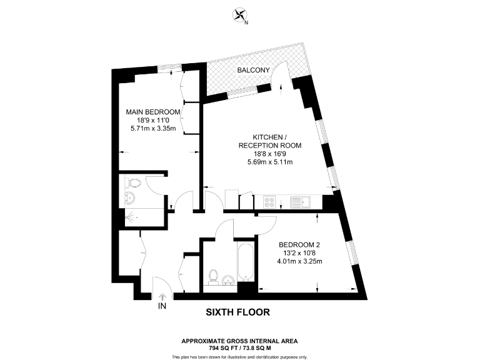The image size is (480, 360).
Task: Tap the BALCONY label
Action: (253, 71)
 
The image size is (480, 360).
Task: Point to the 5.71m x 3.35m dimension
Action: (153, 129)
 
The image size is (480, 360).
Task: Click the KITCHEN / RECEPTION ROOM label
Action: (270, 141)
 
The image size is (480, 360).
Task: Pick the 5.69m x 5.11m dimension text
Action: (270, 162)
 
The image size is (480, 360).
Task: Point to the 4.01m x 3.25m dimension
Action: (300, 261)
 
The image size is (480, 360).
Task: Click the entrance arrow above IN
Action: (162, 298)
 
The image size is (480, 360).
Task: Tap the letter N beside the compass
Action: (246, 22)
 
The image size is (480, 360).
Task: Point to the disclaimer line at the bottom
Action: (239, 356)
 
